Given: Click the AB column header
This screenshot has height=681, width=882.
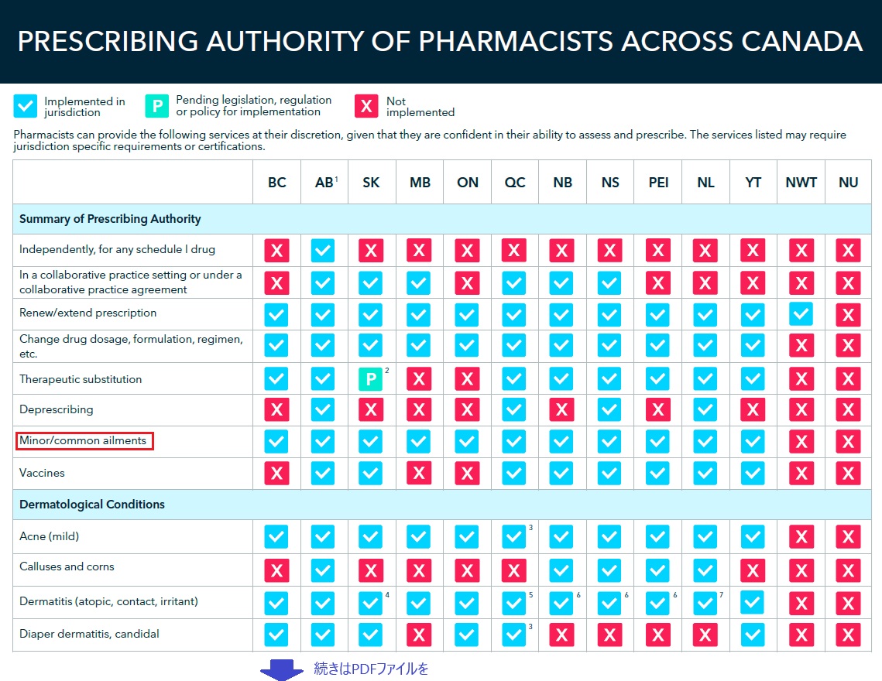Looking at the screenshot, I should tap(324, 183).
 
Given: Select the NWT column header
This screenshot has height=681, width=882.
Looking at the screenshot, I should tap(801, 183).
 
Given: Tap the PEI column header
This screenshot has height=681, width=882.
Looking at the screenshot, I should tap(657, 183).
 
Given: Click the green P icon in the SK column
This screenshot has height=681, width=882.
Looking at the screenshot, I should tap(371, 379).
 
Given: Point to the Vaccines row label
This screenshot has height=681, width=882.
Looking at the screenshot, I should tap(42, 473).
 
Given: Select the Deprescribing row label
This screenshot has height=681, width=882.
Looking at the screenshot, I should tap(56, 409).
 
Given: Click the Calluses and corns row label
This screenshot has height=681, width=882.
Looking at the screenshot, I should tap(67, 566).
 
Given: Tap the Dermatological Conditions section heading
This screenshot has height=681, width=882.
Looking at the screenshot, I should tap(92, 505).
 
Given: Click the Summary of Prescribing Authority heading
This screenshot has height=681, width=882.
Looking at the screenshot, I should tap(110, 219).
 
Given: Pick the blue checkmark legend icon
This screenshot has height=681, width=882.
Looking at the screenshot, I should tap(26, 106).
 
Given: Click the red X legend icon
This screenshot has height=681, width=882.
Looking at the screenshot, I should tap(367, 106).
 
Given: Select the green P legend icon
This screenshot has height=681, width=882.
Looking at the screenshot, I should tap(157, 106).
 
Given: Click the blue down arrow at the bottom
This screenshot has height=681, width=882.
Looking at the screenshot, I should tap(281, 669).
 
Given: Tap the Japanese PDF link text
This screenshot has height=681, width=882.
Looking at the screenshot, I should tap(371, 669).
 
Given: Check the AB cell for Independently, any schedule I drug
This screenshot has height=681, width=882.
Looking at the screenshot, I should tap(324, 251).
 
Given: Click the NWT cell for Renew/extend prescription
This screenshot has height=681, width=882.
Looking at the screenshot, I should tap(801, 313).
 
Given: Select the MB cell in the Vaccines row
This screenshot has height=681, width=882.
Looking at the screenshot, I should tap(419, 473).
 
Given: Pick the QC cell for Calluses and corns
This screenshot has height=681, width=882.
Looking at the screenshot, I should tap(514, 570).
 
